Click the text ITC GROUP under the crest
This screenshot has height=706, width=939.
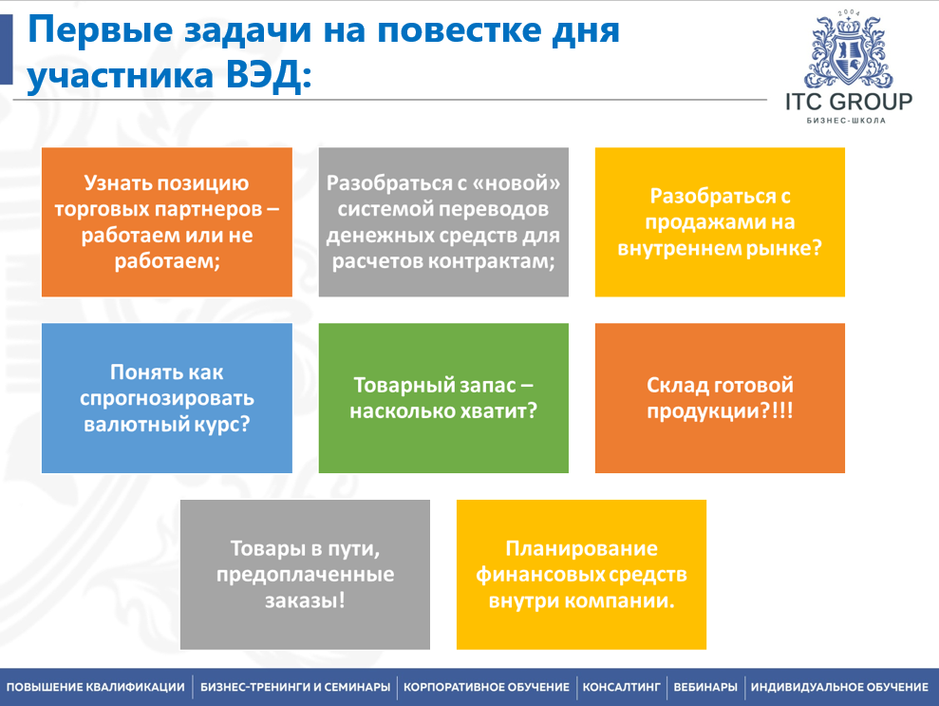pos(848,103)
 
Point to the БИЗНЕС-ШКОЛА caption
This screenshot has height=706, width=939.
pos(848,121)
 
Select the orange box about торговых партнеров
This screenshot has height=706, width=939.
pos(166,221)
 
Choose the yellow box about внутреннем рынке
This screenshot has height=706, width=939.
pos(720,221)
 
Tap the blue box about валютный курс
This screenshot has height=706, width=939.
pos(166,398)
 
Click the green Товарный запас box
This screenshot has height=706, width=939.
pos(443,398)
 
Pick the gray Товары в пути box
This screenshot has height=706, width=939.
pos(305,574)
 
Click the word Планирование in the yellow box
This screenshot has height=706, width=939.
pos(581,548)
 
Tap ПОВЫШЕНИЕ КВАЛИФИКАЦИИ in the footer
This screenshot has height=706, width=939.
pos(96,687)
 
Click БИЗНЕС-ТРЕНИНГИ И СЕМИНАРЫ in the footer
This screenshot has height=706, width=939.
pos(295,687)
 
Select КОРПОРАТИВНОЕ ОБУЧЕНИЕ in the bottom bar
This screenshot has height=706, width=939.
pos(486,687)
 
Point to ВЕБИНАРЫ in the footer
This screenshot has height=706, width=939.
pos(705,687)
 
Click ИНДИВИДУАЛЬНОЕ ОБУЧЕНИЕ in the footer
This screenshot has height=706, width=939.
pos(839,687)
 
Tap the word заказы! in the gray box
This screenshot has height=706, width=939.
pos(305,601)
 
